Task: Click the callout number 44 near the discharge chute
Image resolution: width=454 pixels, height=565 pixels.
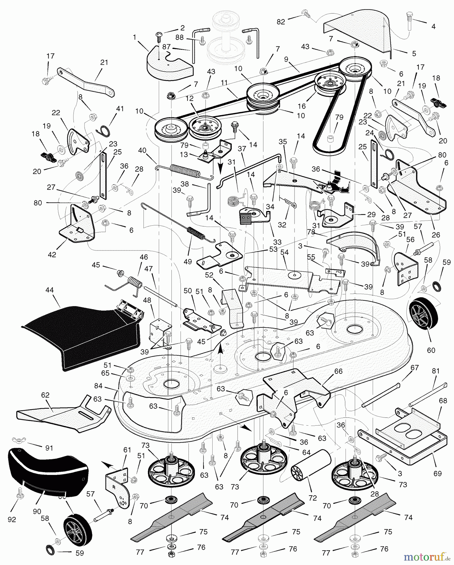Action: tap(50, 290)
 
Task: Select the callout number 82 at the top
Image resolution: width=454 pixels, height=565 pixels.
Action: tap(281, 21)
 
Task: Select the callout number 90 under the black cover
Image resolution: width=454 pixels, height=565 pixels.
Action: tap(37, 511)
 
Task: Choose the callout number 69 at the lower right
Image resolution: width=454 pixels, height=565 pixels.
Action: tap(437, 473)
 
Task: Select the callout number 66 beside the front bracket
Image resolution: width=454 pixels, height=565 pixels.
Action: tap(338, 371)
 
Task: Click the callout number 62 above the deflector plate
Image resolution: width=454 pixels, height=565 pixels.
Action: tap(45, 395)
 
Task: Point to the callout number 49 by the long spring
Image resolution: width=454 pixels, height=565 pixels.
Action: tap(188, 261)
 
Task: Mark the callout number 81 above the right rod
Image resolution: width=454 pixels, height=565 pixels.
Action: tap(435, 371)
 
